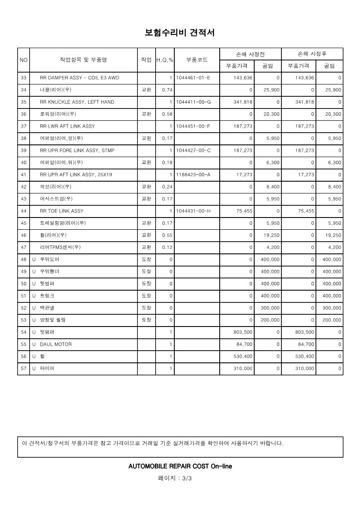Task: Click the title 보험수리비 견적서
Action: [x=180, y=33]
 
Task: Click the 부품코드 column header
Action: [x=197, y=60]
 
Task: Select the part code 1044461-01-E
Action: [x=193, y=78]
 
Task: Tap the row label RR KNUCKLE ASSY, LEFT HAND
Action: [x=77, y=102]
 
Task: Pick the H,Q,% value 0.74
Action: [x=167, y=90]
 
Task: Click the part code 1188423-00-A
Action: [x=193, y=174]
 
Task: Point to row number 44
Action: [x=24, y=211]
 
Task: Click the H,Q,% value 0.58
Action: [x=167, y=114]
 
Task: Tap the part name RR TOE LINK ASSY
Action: [x=61, y=211]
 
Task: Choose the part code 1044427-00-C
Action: [x=193, y=150]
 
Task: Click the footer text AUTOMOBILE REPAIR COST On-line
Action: [x=180, y=466]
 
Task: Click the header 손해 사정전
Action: [x=250, y=54]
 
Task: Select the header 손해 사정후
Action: [x=312, y=54]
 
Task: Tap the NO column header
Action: [x=24, y=60]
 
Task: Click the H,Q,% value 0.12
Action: [x=167, y=248]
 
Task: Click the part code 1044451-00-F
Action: [x=193, y=126]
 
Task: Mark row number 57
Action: [x=24, y=369]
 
